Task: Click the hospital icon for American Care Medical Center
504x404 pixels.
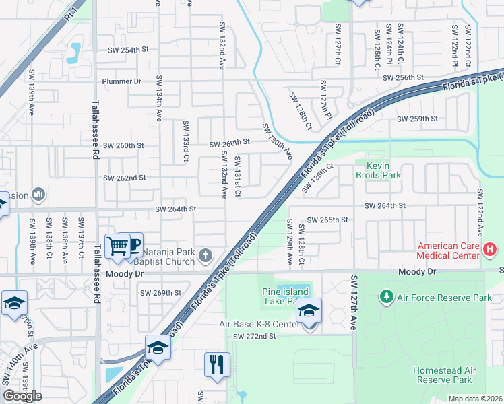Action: pos(490,250)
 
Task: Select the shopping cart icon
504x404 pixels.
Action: pos(118,246)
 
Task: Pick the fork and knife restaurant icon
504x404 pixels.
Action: pos(217,365)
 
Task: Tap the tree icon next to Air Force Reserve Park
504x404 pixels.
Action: pos(387,296)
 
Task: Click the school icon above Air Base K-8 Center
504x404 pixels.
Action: pos(309,310)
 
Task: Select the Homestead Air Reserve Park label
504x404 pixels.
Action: pos(444,376)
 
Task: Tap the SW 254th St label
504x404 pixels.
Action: pos(127,50)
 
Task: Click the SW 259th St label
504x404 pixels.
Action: pos(417,119)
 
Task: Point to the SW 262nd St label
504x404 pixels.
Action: pos(124,178)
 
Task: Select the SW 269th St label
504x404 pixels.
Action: pos(160,293)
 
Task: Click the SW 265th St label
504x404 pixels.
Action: pos(327,220)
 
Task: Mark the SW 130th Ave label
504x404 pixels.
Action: pos(277,141)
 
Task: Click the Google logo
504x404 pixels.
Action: pos(22,396)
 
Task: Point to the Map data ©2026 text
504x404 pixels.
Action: pos(475,399)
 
